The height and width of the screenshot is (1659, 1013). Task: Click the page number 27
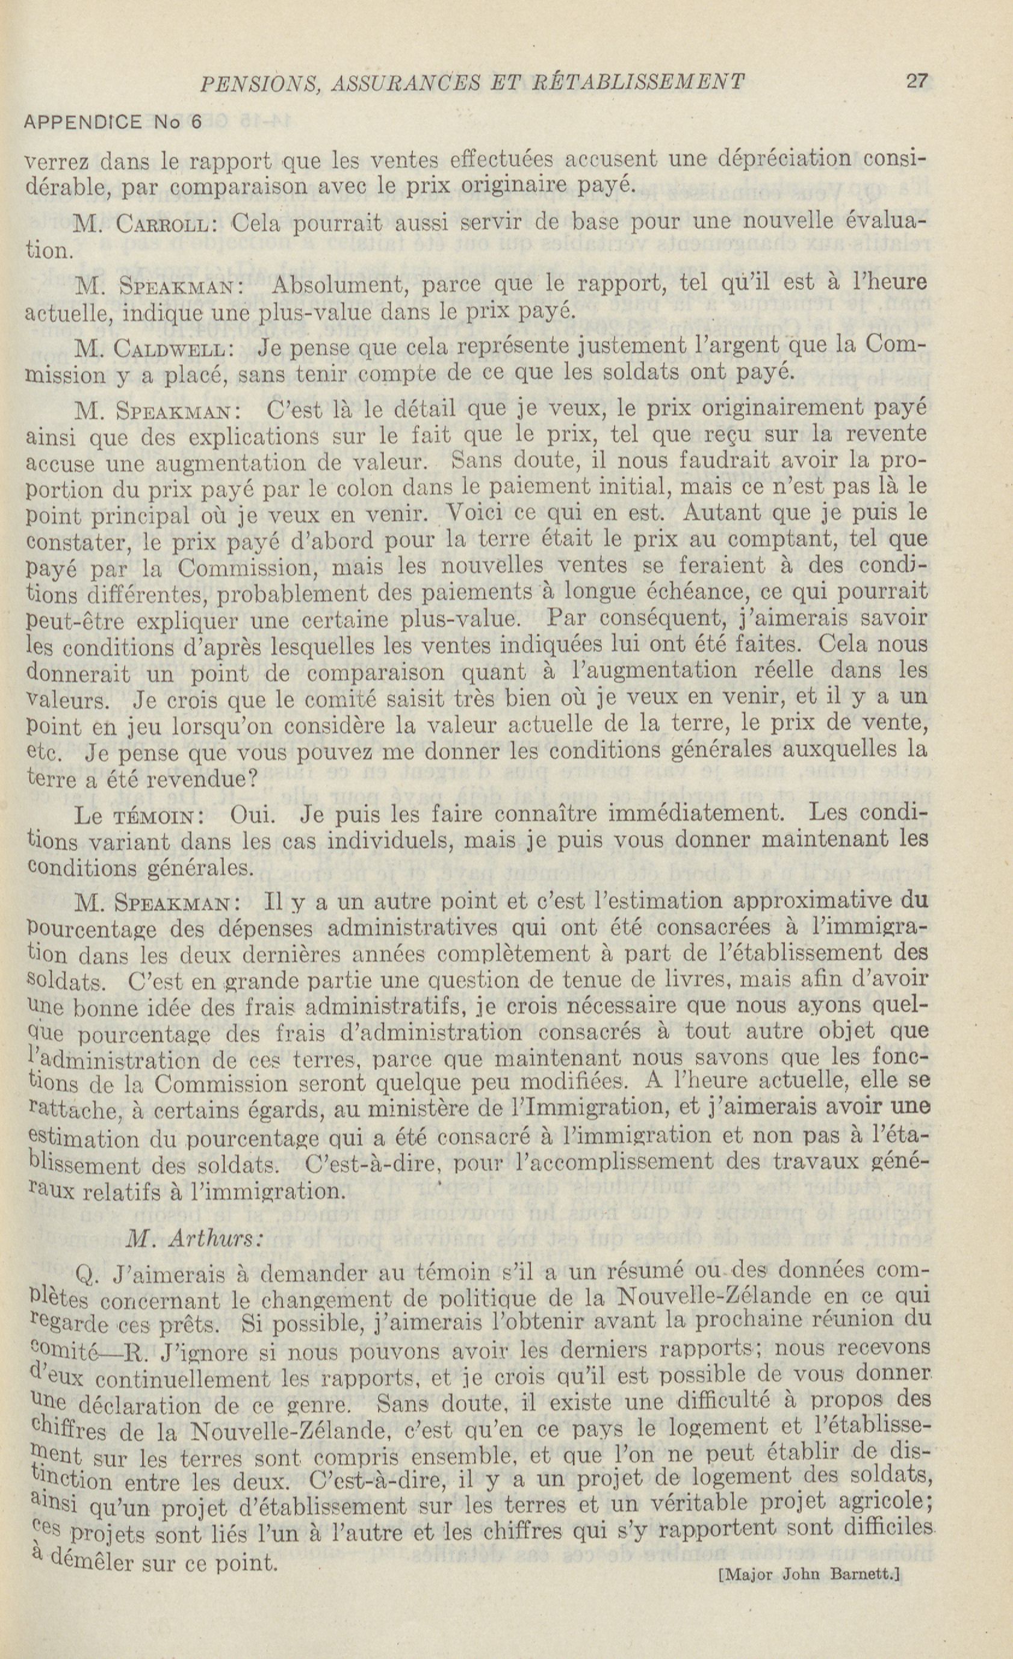click(917, 81)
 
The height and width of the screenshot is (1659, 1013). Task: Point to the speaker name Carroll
click(161, 223)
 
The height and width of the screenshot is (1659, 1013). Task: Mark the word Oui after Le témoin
click(252, 814)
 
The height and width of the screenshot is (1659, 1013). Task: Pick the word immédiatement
click(696, 814)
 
